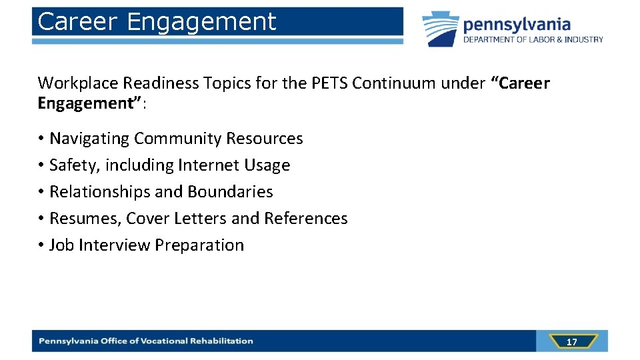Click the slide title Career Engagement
point(157,22)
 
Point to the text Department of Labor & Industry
point(533,39)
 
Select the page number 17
point(571,342)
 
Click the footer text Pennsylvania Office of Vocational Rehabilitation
point(146,341)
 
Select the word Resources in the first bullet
point(265,139)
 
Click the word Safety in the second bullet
point(69,165)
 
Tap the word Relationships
point(100,192)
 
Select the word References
point(306,219)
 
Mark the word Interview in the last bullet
point(115,245)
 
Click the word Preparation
point(199,245)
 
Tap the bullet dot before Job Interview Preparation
point(41,245)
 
